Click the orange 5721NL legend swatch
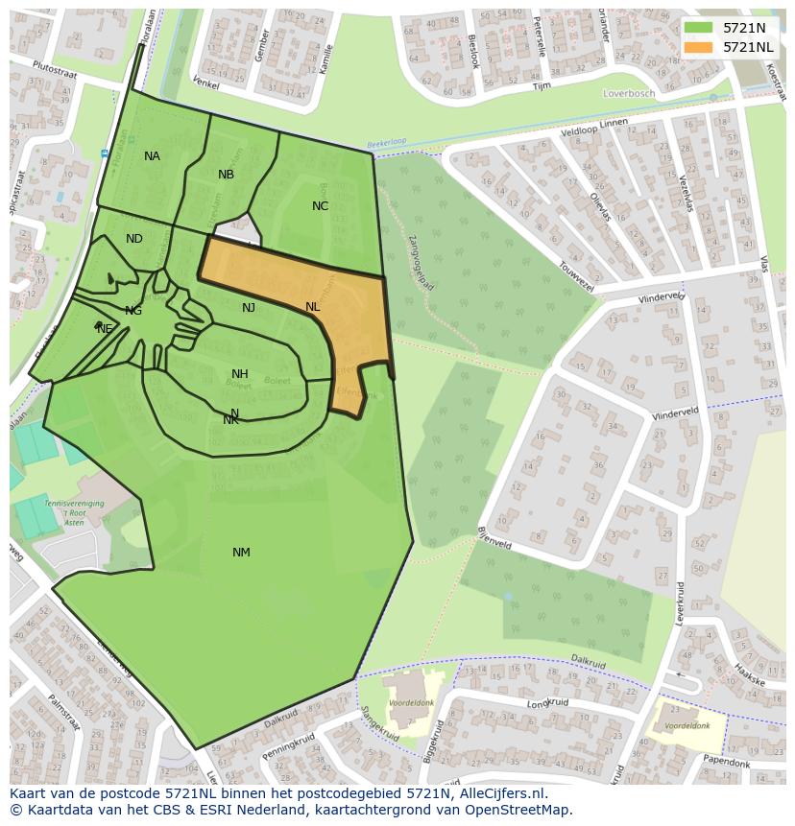click(699, 47)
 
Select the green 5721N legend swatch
click(699, 28)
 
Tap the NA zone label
click(152, 156)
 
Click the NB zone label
click(226, 175)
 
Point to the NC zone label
click(320, 206)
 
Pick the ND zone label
click(134, 239)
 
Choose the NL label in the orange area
click(312, 307)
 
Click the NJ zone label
click(249, 308)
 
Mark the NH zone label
click(240, 374)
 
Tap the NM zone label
click(241, 553)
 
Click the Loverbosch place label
click(628, 93)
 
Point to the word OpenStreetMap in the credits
click(524, 810)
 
